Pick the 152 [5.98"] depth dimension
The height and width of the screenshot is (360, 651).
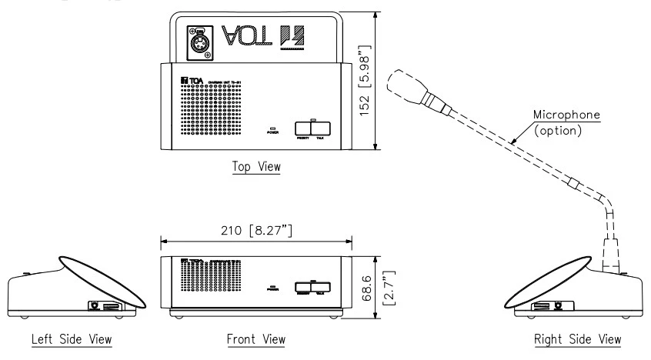click(x=385, y=83)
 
